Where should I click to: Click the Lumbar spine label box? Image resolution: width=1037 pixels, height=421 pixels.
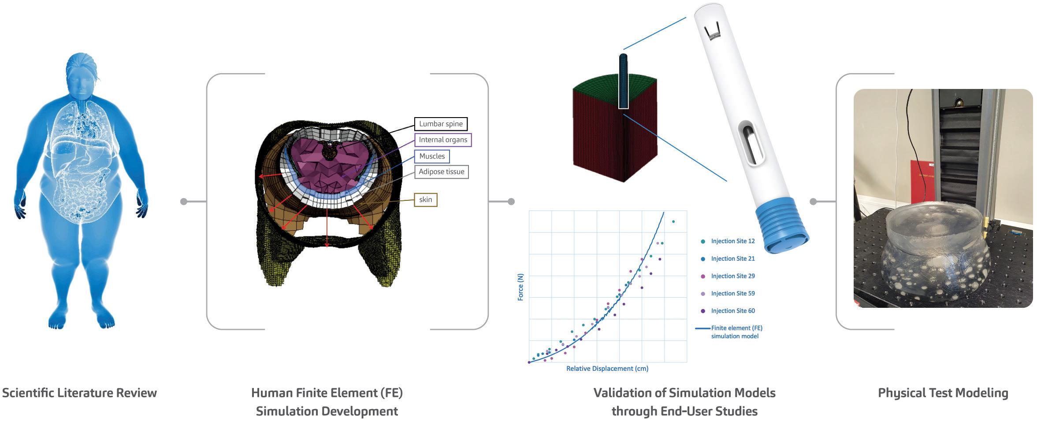click(440, 124)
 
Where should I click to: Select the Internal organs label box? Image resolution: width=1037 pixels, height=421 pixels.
click(442, 140)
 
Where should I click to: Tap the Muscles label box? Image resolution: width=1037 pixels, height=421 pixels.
click(431, 156)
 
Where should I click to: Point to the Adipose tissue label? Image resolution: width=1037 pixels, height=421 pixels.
click(441, 172)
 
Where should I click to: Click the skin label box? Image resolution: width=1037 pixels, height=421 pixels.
click(425, 199)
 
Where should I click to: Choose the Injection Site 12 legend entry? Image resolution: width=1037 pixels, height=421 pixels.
click(732, 241)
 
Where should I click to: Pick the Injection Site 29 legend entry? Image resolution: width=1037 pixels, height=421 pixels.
click(732, 276)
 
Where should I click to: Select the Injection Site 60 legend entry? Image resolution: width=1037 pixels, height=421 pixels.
click(732, 311)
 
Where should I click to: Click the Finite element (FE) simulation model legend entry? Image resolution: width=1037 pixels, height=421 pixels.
click(736, 332)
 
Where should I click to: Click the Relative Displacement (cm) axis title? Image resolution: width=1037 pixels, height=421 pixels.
click(607, 369)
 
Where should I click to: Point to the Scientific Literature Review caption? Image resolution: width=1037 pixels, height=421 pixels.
click(79, 393)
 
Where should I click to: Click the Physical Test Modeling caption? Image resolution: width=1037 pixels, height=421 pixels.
click(943, 393)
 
